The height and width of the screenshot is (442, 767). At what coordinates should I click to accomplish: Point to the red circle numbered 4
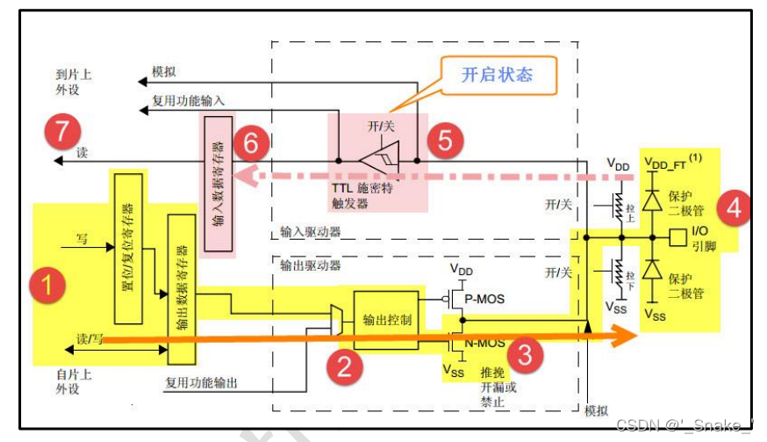(734, 210)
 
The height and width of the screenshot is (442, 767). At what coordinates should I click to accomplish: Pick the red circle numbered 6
(252, 144)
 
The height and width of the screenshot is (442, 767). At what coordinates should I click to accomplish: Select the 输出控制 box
(387, 319)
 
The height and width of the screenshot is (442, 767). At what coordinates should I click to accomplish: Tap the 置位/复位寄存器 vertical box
(128, 247)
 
